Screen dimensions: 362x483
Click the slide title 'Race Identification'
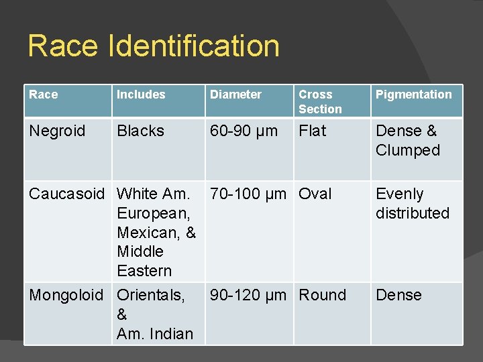pos(154,46)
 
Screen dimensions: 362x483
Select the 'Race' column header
pos(44,95)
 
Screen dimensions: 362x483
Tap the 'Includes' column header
pos(140,95)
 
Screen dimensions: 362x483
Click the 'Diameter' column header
pos(235,95)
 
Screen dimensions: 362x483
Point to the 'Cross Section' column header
pos(320,102)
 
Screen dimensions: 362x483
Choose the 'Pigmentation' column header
pos(413,95)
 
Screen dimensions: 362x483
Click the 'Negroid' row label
pos(57,131)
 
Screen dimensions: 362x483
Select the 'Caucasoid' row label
pos(67,194)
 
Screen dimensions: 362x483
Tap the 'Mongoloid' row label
pos(66,295)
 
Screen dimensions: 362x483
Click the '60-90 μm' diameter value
pos(244,131)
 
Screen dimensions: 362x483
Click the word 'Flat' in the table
pos(313,131)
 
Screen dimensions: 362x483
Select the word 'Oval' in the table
pos(315,194)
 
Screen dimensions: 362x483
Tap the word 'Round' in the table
pos(322,295)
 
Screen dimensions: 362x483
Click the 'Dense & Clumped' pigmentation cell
pos(407,140)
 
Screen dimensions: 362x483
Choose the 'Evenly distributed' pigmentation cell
pos(412,203)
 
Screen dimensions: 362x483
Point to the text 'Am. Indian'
pos(155,333)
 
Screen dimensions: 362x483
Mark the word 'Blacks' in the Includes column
pos(140,131)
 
